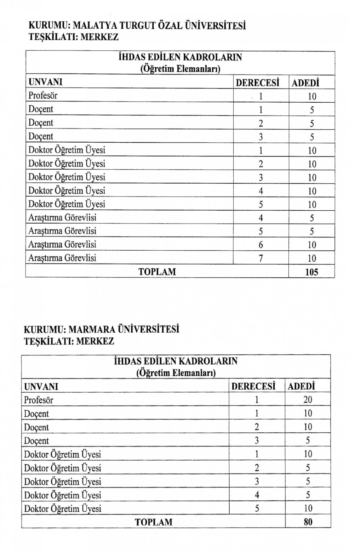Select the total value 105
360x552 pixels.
click(311, 272)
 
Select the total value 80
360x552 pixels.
click(308, 522)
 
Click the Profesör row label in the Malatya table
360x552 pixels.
click(43, 96)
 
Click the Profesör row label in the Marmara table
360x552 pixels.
click(39, 400)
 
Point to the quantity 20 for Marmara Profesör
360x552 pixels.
click(308, 400)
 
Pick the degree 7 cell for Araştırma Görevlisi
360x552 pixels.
click(261, 258)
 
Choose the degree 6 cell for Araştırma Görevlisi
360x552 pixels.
click(261, 245)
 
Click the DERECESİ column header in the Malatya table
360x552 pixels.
click(257, 83)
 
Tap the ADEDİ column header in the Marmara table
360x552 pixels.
click(301, 387)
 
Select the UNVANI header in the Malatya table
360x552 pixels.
click(45, 82)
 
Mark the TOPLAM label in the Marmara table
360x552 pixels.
click(153, 522)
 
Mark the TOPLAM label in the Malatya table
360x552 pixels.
click(157, 272)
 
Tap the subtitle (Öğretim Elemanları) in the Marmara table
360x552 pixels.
click(176, 373)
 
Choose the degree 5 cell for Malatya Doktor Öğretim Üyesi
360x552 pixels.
click(261, 205)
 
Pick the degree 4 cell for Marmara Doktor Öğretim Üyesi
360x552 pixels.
click(257, 495)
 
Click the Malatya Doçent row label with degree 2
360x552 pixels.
click(41, 123)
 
